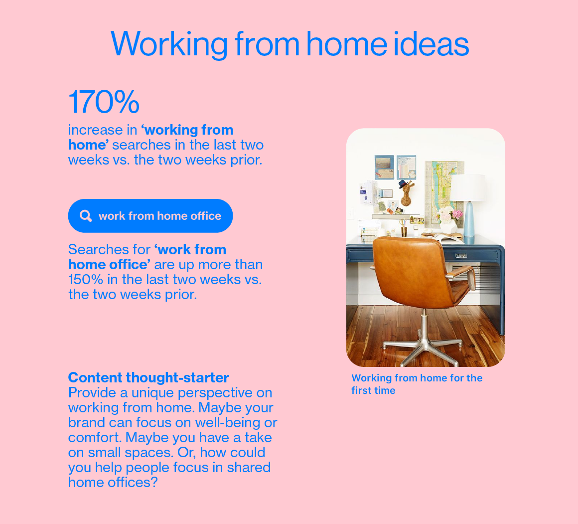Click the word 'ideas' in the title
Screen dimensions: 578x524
coord(431,44)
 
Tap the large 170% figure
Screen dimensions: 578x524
coord(104,101)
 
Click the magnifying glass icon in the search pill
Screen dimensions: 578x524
coord(86,216)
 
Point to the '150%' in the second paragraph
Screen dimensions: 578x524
coord(86,280)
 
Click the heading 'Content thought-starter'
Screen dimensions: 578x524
coord(148,377)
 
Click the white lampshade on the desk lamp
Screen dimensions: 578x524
coord(468,187)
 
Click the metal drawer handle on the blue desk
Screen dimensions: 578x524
coord(461,256)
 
